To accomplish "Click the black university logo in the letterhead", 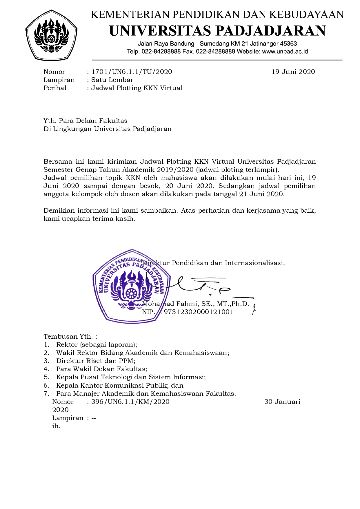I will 51,35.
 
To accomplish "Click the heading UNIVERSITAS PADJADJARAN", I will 217,31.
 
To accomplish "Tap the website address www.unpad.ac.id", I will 285,52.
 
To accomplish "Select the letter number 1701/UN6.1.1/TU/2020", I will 132,72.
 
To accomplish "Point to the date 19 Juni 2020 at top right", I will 293,72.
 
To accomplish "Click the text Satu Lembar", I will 112,80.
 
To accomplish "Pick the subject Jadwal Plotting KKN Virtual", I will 137,88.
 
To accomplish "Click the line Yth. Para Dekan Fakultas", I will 85,121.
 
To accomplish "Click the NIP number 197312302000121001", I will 197,312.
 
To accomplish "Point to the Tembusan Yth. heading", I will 70,337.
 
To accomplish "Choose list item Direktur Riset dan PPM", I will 96,361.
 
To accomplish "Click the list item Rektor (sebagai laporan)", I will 97,345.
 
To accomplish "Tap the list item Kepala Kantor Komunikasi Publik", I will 120,386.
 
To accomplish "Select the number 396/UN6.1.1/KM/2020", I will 130,402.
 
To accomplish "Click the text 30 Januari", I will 282,402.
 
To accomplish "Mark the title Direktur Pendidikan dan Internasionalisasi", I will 214,263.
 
